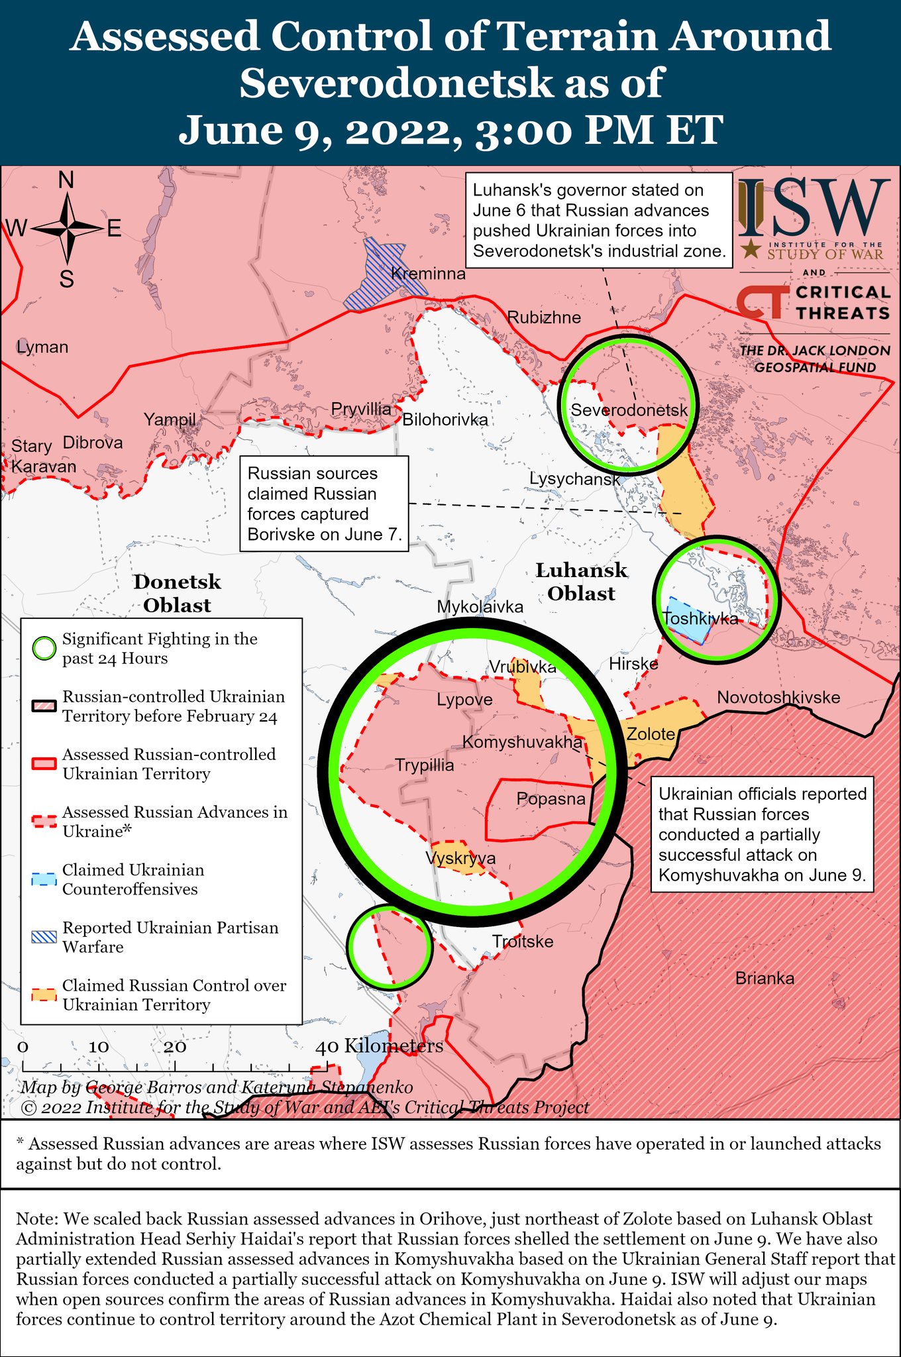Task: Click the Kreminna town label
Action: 428,274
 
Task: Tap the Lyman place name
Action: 42,347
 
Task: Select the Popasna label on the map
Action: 551,799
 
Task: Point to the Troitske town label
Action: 523,942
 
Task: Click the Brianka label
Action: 765,978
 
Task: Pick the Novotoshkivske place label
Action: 778,697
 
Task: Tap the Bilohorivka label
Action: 445,419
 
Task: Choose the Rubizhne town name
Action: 544,317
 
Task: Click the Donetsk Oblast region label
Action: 177,594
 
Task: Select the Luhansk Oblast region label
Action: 581,582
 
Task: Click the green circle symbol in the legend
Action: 45,649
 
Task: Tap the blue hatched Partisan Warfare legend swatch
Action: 45,937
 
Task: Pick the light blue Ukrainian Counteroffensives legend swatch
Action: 45,879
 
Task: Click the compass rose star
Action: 67,229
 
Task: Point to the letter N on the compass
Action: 66,180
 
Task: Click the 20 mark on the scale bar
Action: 175,1048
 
